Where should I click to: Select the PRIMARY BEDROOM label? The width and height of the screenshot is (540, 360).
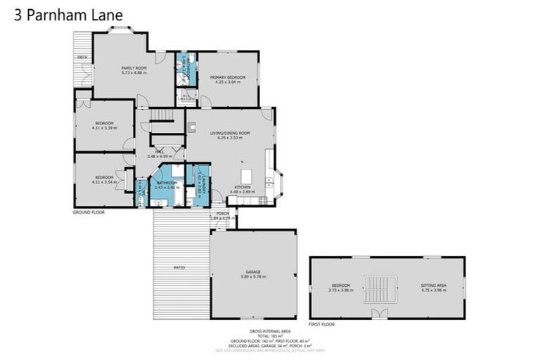click(x=227, y=77)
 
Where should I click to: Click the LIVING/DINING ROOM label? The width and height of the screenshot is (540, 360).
click(x=230, y=133)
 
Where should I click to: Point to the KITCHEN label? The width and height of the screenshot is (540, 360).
click(x=242, y=187)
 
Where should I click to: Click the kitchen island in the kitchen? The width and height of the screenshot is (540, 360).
click(x=247, y=174)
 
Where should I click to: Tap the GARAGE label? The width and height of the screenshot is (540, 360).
click(x=253, y=271)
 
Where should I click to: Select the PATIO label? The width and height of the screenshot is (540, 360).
click(x=179, y=268)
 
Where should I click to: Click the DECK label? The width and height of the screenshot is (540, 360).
click(x=82, y=57)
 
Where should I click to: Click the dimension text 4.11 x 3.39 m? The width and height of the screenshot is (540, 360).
click(x=104, y=128)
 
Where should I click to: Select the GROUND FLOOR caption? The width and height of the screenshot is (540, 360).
click(x=89, y=211)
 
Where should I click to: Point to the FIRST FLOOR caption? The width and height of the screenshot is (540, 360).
click(x=322, y=325)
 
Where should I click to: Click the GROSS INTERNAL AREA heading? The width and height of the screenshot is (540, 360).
click(x=269, y=330)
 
